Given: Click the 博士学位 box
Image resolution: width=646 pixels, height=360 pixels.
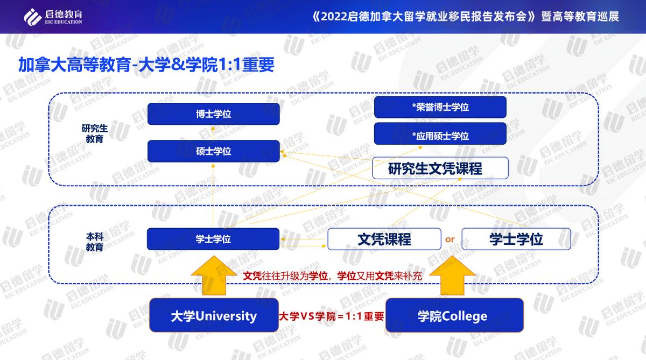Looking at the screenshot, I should coord(213,114).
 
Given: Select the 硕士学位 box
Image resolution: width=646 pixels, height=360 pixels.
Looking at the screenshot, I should coord(213,151).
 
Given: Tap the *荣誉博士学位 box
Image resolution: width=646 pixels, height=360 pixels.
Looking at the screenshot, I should coord(440,107).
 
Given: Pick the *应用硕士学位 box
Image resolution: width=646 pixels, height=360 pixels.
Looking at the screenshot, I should coord(440,136).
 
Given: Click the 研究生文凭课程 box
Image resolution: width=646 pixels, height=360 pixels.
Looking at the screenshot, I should coord(440,168).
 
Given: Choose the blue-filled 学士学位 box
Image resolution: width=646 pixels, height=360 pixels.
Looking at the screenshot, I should coord(213,239).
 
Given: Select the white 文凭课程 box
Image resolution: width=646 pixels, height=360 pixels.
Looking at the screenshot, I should coord(384,239).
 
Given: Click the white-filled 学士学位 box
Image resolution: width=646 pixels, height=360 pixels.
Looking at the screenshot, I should coord(516,239).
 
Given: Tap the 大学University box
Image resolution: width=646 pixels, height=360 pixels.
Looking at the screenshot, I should coord(213,315).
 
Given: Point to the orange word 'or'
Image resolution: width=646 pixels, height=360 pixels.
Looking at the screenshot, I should coord(450,239).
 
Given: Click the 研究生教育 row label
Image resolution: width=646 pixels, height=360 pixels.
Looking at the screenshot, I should coord(95,133).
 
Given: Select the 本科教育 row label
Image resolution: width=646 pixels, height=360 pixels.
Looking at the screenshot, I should coord(95,242).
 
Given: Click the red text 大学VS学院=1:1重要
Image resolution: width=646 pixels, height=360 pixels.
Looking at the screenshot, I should coord(331,316).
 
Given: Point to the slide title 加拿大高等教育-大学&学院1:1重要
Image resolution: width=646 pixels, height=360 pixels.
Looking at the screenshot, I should coord(146,65).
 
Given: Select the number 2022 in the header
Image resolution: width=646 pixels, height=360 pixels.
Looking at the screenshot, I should coord(335,16).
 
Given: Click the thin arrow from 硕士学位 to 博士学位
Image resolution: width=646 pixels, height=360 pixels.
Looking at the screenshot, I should coord(213,132).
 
